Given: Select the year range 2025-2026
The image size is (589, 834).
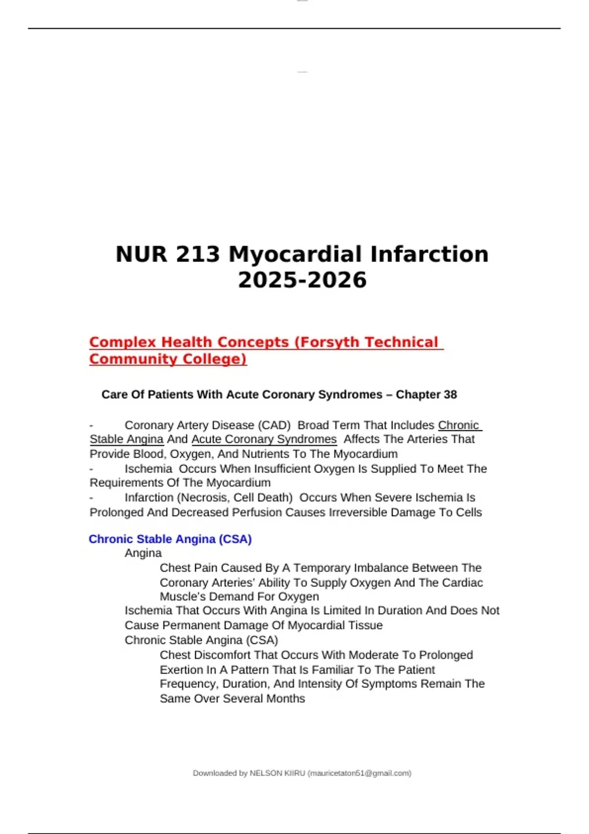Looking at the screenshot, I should coord(302,280).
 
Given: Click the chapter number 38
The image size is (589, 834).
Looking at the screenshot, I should coord(450,394).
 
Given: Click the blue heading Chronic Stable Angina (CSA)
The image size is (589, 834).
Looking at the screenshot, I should coord(170,539).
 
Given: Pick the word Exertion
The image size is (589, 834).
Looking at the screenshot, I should coord(181,670).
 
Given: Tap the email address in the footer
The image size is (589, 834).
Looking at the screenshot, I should coord(359,773).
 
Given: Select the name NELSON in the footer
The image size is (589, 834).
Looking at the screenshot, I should coord(265,773).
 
